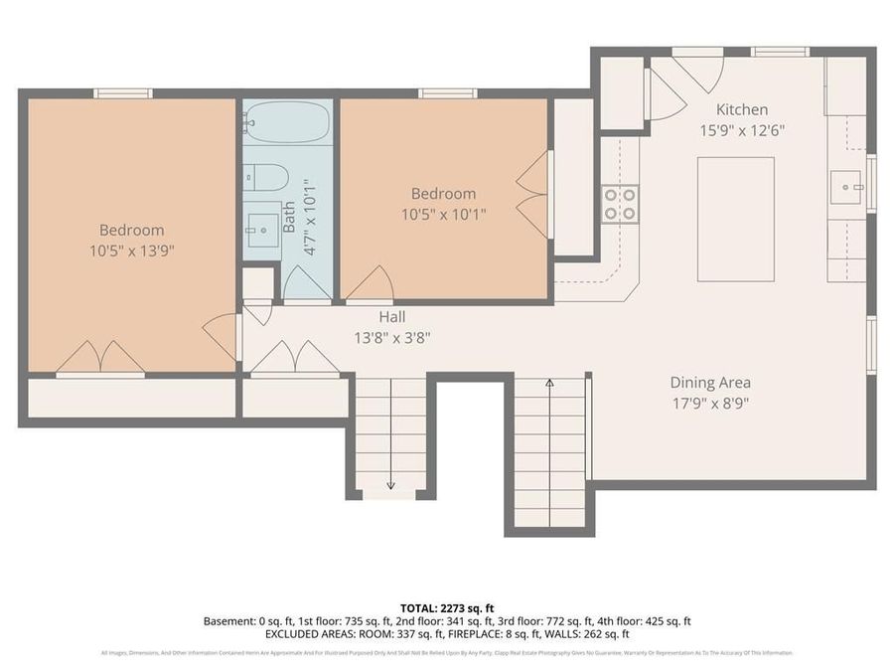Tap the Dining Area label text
(709, 382)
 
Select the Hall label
(390, 317)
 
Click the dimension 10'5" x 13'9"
(132, 251)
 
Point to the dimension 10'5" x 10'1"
(444, 214)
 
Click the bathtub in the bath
(287, 124)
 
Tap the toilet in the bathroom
(266, 177)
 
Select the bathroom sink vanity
(263, 230)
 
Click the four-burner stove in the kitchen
(620, 204)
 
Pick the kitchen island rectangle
(735, 219)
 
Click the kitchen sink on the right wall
(846, 185)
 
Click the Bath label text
(289, 218)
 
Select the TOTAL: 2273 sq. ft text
(446, 606)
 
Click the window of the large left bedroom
(123, 93)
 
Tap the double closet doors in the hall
(295, 359)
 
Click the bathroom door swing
(307, 284)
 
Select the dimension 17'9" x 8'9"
(709, 404)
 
